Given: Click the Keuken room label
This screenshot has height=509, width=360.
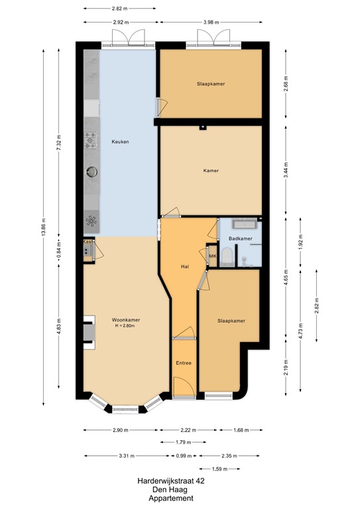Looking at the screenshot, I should (120, 142).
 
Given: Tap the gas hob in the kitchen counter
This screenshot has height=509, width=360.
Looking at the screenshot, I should (90, 139).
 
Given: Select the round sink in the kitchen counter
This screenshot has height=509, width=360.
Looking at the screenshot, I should (90, 172).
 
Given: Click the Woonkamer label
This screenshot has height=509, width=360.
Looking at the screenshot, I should (125, 320).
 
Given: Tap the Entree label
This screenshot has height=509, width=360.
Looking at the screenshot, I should (184, 363).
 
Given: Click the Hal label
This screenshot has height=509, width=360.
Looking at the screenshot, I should (186, 267).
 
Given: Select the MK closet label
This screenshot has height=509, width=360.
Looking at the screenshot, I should (213, 256).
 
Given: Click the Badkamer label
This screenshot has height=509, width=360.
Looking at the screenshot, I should (239, 238).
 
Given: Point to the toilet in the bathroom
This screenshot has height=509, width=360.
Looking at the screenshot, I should (227, 256).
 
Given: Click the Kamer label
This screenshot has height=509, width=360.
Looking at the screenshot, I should (211, 170).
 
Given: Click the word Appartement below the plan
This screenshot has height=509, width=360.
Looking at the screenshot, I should (171, 498).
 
